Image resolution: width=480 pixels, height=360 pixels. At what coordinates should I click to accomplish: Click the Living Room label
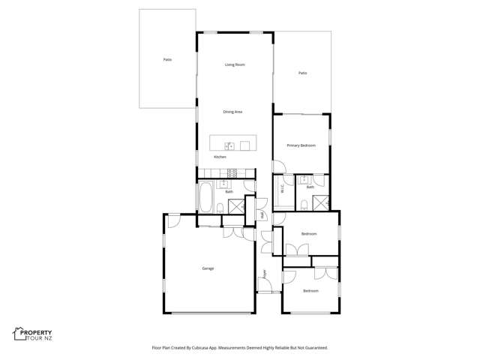(x=235, y=64)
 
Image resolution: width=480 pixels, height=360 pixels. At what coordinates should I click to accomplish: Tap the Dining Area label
(x=232, y=112)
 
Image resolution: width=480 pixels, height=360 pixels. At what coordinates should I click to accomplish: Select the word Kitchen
(x=220, y=157)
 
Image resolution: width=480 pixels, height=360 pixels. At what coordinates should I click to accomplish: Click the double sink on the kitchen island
(x=230, y=145)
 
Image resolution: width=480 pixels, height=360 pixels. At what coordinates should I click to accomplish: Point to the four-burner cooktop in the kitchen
(x=232, y=172)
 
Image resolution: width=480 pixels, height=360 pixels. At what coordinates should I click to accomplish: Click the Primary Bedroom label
(x=301, y=145)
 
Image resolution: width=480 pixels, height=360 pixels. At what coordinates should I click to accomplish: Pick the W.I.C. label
(x=283, y=190)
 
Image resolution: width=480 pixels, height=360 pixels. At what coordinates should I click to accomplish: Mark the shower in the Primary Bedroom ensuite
(x=322, y=202)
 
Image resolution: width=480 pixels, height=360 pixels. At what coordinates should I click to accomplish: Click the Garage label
(x=208, y=268)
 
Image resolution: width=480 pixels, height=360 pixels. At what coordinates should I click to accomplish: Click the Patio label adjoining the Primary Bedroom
(x=302, y=73)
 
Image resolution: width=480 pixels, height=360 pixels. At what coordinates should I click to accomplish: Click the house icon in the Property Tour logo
(x=18, y=334)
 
